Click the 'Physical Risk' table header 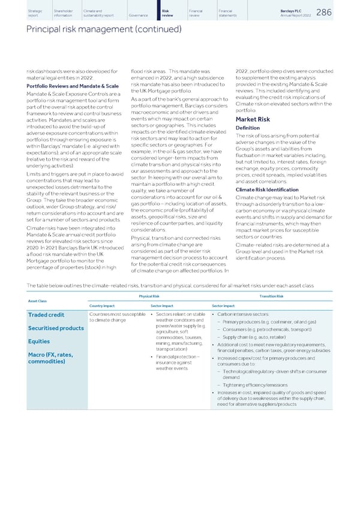pyautogui.click(x=149, y=296)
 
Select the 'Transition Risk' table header pyautogui.click(x=272, y=296)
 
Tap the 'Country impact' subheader pyautogui.click(x=101, y=305)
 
